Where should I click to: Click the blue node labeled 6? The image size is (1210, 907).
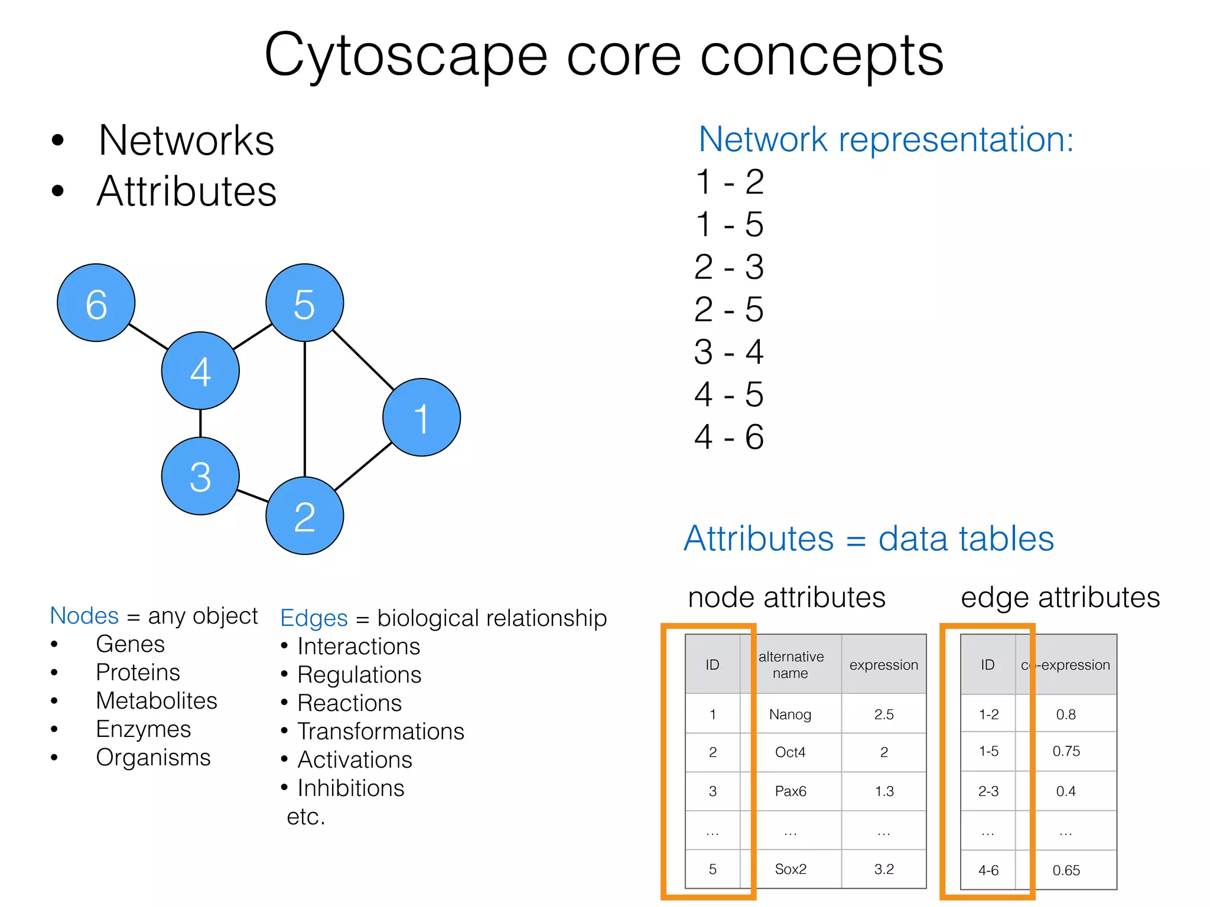tap(96, 303)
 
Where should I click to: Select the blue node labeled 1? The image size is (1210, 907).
tap(421, 417)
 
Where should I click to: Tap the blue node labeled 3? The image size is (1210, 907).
tap(200, 477)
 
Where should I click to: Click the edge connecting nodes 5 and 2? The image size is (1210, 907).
tap(305, 409)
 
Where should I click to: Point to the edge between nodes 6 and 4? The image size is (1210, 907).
tap(148, 337)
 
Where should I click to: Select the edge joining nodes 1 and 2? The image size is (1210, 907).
tap(363, 466)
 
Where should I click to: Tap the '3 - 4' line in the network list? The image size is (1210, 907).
tap(729, 352)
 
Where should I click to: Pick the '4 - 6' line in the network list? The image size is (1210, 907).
tap(729, 437)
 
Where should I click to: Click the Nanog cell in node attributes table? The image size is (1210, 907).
tap(790, 714)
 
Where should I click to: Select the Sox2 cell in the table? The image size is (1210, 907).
tap(791, 869)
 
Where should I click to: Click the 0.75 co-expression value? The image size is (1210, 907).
tap(1066, 751)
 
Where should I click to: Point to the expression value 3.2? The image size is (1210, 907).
tap(884, 869)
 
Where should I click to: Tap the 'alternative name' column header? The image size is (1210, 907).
tap(791, 665)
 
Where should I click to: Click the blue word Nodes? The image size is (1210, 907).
tap(84, 616)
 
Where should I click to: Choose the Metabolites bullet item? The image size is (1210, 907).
tap(157, 701)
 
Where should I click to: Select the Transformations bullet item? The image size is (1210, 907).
tap(380, 732)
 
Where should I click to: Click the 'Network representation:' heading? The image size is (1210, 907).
tap(886, 140)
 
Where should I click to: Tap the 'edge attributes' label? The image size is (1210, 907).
tap(1060, 598)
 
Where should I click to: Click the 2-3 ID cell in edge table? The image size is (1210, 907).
tap(988, 791)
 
